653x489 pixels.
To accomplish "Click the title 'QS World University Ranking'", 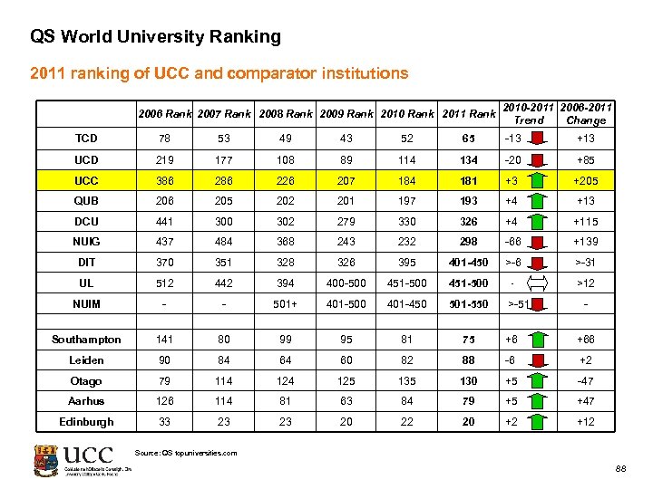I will [x=155, y=37].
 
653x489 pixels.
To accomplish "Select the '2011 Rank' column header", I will [x=468, y=114].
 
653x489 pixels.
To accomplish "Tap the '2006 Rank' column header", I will [x=164, y=114].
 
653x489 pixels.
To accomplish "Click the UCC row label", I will [x=87, y=180].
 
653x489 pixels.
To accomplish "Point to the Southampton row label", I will [x=87, y=340].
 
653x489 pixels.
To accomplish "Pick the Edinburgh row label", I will [x=87, y=422].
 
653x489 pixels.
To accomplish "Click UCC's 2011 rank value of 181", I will [x=468, y=180].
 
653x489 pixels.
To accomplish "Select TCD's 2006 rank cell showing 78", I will [x=164, y=139].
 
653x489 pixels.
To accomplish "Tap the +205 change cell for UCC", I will [x=587, y=180].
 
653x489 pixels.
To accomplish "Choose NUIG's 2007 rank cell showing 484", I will [x=224, y=243].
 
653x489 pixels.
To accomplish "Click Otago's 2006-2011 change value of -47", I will [x=587, y=381].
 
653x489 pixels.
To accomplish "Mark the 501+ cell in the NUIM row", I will [x=285, y=304].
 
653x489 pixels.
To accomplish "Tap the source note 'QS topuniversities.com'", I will [x=185, y=453].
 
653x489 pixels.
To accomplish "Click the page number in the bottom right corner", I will [x=620, y=469].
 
